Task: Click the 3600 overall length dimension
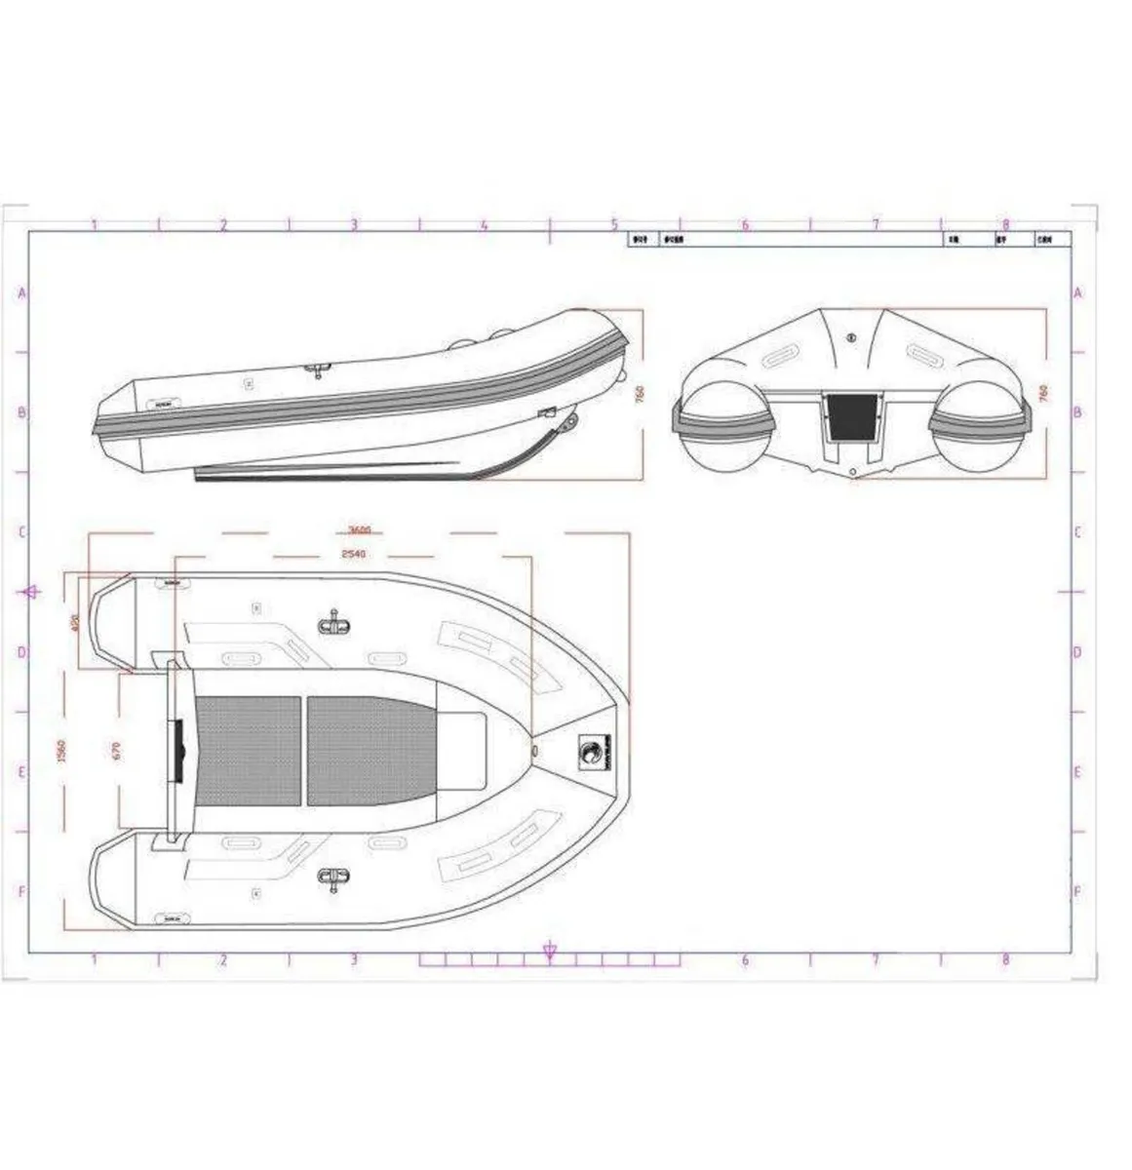point(359,531)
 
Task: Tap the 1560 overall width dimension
point(60,751)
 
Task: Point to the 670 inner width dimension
point(116,751)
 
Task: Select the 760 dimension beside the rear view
point(1044,393)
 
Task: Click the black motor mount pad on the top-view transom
point(177,751)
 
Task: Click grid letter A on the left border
point(21,292)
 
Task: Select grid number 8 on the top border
point(1005,223)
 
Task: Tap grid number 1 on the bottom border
point(94,959)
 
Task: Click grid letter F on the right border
point(1076,891)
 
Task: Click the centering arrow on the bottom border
point(549,951)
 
